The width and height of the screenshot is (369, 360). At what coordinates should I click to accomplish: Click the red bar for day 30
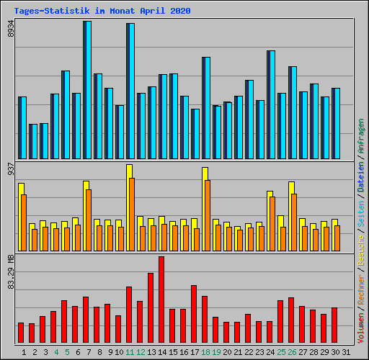point(334,325)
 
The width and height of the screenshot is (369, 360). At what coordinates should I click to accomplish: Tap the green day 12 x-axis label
point(141,352)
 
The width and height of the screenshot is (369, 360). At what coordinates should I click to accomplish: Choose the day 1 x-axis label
point(25,352)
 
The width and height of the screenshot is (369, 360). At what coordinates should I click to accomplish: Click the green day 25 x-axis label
point(281,352)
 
